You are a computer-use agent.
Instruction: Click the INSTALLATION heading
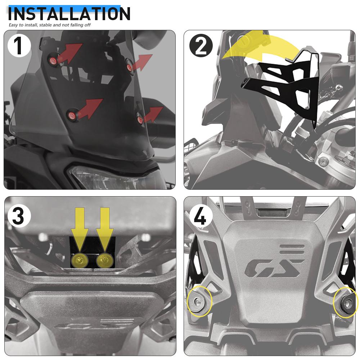[69, 13]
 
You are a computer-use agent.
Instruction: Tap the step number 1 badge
[19, 46]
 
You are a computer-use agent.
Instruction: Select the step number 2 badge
[201, 46]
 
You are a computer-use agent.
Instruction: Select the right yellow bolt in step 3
[104, 258]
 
